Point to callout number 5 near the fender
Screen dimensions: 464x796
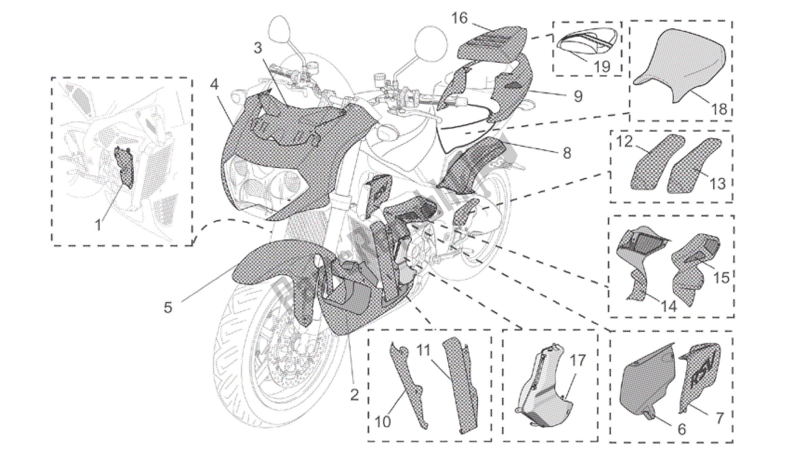coord(168,307)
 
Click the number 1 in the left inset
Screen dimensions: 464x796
coord(98,226)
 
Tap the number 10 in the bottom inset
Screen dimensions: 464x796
coord(383,422)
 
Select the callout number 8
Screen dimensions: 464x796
coord(567,153)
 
